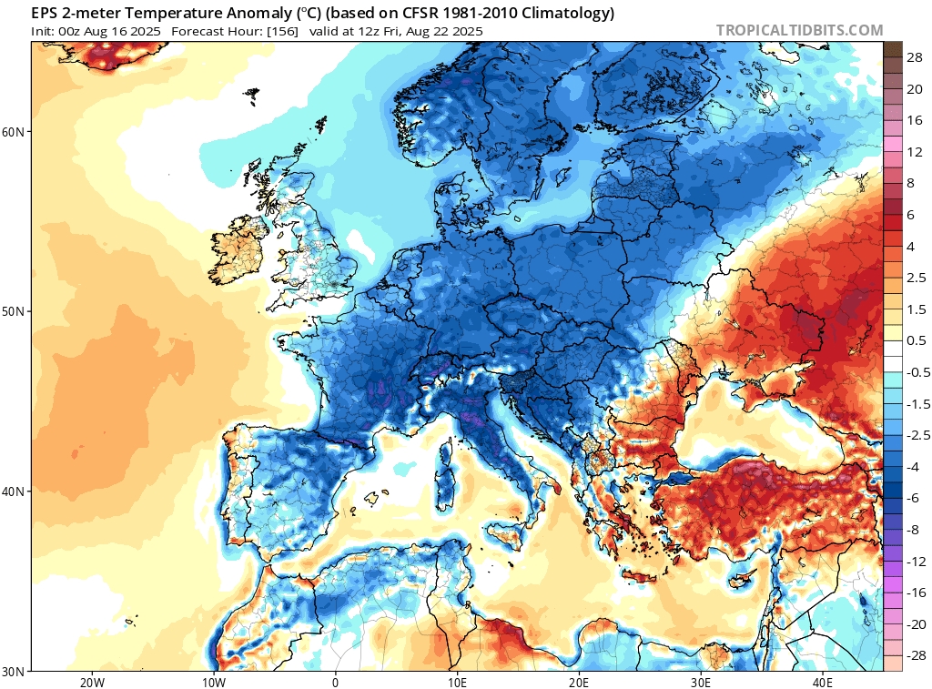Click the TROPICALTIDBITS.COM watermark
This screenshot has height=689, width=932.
coord(799,30)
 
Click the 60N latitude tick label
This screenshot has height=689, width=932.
coord(13,132)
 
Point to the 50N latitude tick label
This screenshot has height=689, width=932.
coord(13,312)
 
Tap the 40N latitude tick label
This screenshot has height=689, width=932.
coord(13,491)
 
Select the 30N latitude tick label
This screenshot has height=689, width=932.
coord(13,671)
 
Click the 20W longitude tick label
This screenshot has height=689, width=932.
coord(91,681)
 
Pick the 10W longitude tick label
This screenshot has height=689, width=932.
coord(213,681)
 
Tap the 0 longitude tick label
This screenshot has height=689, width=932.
coord(336,681)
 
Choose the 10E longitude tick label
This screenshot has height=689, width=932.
coord(457,681)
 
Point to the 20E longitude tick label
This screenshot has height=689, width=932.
coord(579,681)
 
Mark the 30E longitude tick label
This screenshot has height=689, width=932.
coord(701,681)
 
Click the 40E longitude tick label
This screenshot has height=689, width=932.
coord(823,681)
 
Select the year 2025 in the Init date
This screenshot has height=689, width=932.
coord(144,31)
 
